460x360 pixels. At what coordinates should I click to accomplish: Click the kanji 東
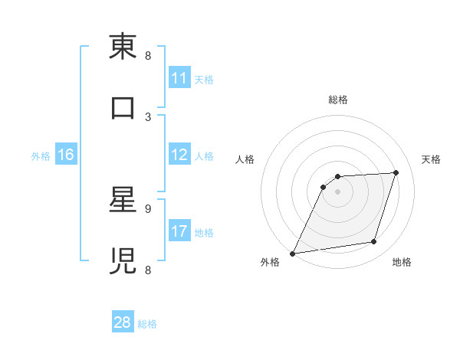(x=123, y=47)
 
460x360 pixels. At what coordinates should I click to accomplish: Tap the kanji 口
(x=123, y=107)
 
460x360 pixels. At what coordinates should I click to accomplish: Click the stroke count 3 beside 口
(x=148, y=116)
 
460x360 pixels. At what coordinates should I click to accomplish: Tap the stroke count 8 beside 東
(x=148, y=56)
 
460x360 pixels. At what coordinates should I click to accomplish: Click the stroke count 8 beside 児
(x=148, y=270)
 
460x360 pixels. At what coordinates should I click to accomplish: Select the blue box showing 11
(x=179, y=78)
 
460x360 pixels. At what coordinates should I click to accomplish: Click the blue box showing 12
(x=179, y=155)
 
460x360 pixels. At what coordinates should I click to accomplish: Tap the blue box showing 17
(x=179, y=231)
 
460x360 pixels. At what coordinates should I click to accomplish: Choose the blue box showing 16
(x=66, y=155)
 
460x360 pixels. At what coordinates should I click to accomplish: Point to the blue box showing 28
(x=123, y=322)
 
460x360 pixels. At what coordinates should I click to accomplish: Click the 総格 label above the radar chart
(x=337, y=100)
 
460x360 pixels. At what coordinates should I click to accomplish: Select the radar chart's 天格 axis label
(x=432, y=159)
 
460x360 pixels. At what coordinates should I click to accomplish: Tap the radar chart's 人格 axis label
(x=245, y=159)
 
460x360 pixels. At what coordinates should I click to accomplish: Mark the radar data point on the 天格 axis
(x=396, y=172)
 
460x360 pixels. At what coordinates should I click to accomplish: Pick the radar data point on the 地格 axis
(x=374, y=242)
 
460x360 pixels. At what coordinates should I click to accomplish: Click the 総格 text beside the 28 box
(x=147, y=324)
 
